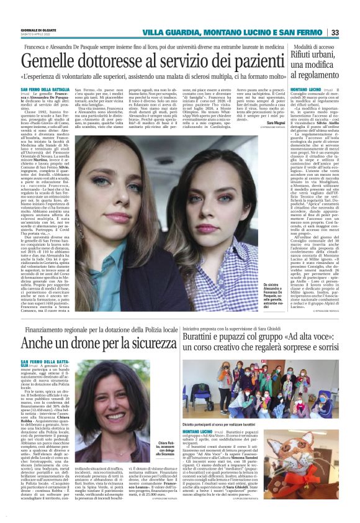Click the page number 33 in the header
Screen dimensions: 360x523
pos(351,32)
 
